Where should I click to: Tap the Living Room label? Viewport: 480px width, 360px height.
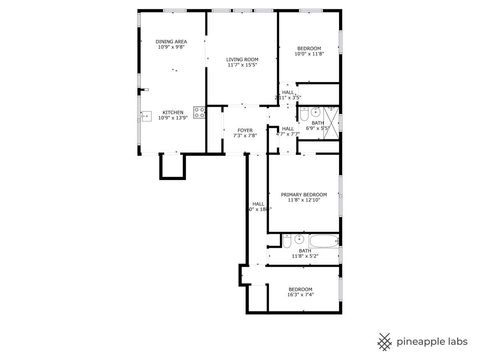(242, 59)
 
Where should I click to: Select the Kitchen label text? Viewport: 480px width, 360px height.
(173, 112)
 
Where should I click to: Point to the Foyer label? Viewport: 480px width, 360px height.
(245, 130)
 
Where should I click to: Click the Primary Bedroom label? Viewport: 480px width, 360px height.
(303, 194)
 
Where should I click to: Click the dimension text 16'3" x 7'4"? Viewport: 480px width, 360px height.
(300, 295)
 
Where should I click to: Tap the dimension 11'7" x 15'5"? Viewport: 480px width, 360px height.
(242, 65)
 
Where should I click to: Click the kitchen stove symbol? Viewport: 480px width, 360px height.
(199, 112)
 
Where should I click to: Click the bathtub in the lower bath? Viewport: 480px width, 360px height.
(323, 240)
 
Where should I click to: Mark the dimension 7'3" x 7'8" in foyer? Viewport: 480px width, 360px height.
(245, 136)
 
